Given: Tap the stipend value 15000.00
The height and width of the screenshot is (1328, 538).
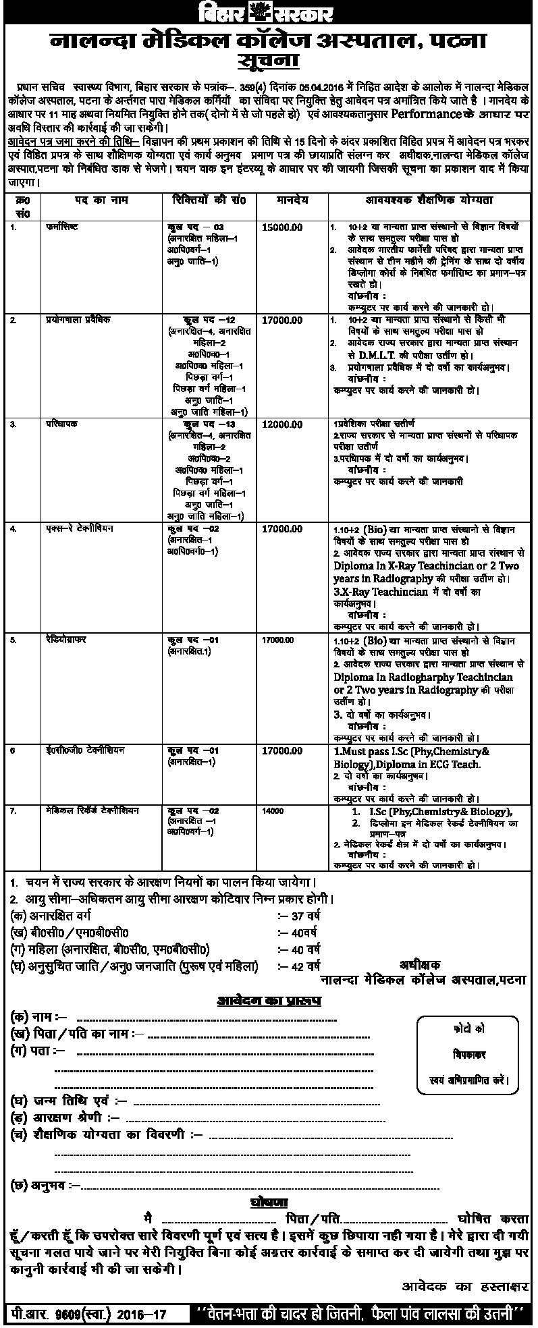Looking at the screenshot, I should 281,227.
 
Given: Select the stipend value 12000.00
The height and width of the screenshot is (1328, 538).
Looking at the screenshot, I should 281,424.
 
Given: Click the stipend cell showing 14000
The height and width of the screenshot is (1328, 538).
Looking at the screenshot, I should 273,811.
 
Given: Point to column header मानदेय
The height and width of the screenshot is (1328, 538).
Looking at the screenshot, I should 292,200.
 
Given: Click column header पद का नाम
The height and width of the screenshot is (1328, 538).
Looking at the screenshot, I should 101,200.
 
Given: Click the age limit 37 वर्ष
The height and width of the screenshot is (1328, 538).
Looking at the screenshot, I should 305,916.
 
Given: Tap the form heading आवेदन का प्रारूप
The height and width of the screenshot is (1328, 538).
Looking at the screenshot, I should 269,1000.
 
